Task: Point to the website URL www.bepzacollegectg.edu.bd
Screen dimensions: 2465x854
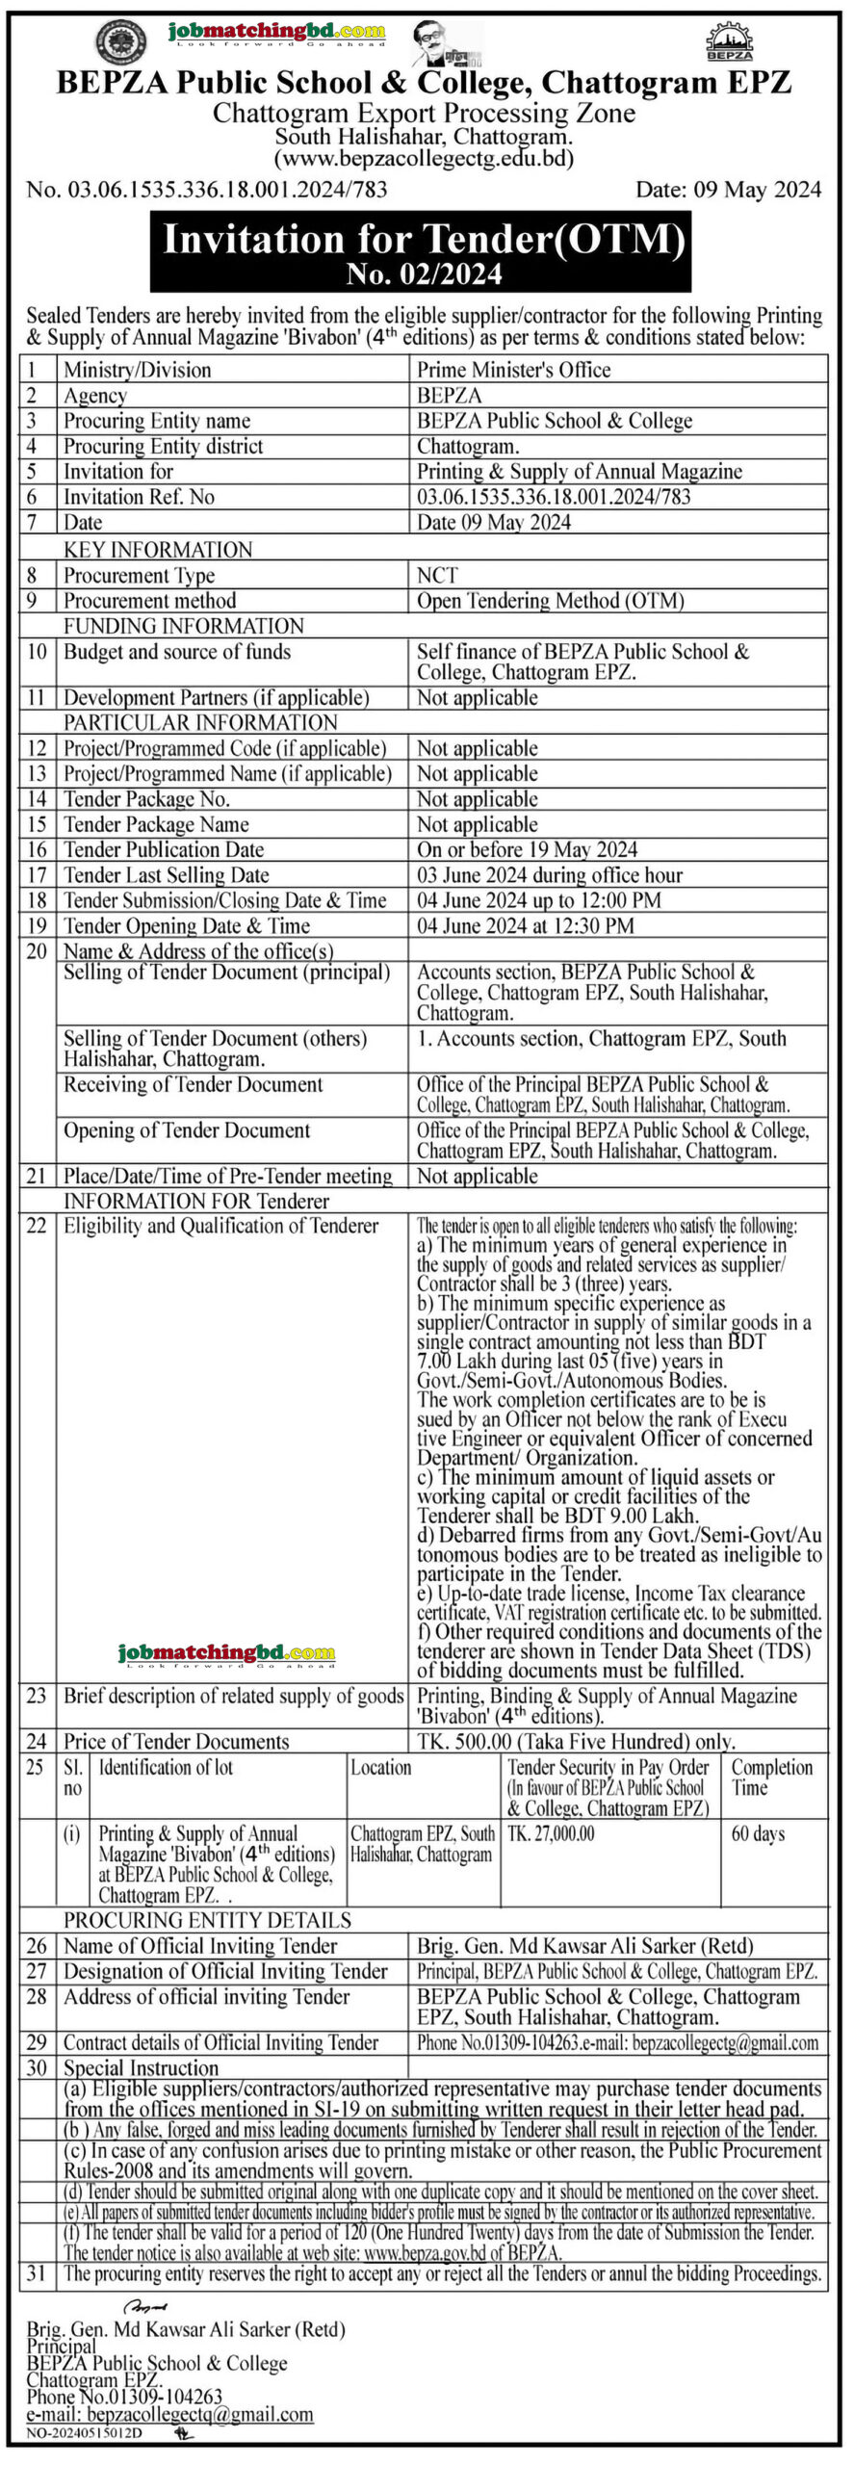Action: pyautogui.click(x=424, y=159)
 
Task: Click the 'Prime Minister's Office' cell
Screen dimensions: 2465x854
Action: pyautogui.click(x=513, y=370)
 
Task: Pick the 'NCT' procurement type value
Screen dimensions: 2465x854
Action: pyautogui.click(x=437, y=576)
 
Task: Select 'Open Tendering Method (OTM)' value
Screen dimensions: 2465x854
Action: pyautogui.click(x=550, y=601)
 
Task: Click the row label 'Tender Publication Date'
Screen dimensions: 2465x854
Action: pyautogui.click(x=164, y=850)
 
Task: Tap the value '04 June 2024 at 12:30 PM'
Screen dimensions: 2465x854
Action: pyautogui.click(x=525, y=926)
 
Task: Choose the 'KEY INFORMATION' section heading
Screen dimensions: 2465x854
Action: pyautogui.click(x=158, y=550)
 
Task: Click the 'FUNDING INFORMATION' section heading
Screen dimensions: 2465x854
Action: pyautogui.click(x=184, y=626)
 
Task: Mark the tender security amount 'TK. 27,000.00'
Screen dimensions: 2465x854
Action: pyautogui.click(x=551, y=1833)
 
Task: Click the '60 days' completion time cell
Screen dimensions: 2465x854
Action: pyautogui.click(x=758, y=1833)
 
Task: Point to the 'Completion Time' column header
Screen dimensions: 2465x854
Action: pyautogui.click(x=771, y=1777)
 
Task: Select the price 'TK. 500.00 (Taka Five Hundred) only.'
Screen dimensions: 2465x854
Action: pyautogui.click(x=576, y=1741)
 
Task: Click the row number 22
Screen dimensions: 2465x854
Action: pyautogui.click(x=37, y=1226)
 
